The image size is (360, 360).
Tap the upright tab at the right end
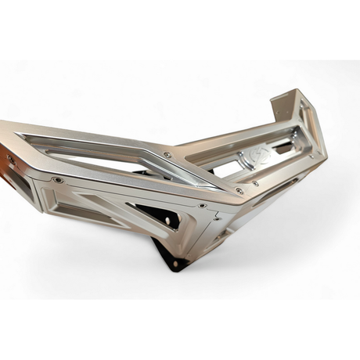coord(288,103)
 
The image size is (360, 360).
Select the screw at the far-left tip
coord(10,160)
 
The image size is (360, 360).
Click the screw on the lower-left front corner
coord(59,180)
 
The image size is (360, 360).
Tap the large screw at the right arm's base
coord(239,190)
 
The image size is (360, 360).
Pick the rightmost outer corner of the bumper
coord(326,153)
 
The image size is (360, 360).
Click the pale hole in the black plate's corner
coord(174,261)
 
